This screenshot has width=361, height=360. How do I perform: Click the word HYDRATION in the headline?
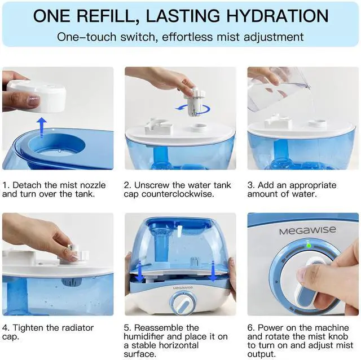pos(278,16)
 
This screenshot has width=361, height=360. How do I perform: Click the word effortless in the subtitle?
pos(187,37)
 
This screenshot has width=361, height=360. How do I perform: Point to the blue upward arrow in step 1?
pos(42,127)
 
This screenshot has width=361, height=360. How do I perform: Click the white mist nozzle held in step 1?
pos(36,96)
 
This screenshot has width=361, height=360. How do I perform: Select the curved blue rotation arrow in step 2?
pos(193,108)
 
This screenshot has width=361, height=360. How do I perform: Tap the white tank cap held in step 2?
pos(195,102)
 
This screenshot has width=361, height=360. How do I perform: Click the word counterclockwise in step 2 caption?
pos(178,194)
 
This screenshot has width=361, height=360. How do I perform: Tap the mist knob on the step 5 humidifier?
pos(183,304)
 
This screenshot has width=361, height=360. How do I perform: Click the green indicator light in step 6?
pos(309,246)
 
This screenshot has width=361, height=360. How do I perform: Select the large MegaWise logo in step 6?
pos(307,230)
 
